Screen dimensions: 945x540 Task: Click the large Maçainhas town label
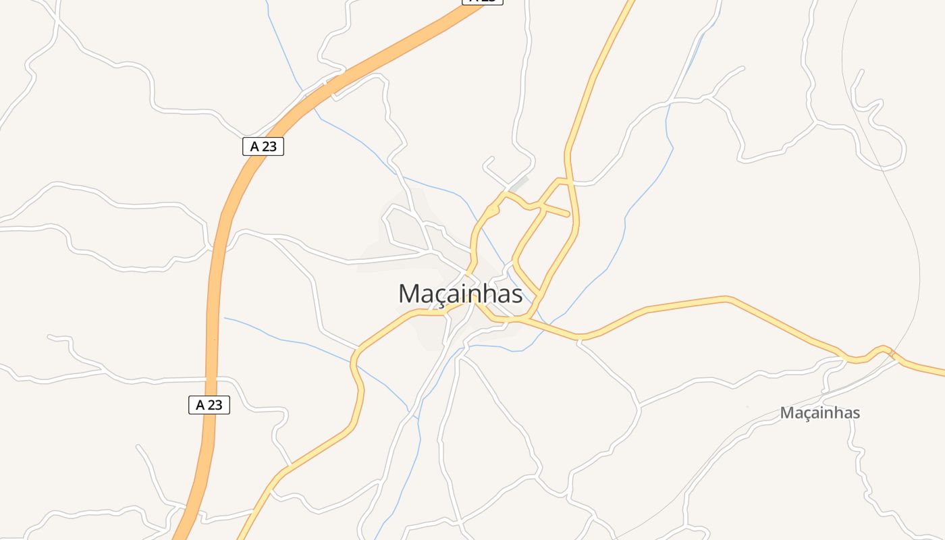coord(460,294)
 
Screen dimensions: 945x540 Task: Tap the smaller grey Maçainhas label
coord(819,412)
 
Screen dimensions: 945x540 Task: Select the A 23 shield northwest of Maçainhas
coord(263,146)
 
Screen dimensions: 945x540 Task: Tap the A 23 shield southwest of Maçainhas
coord(209,405)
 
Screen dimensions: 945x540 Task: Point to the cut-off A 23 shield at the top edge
coord(483,1)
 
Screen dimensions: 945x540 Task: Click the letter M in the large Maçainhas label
coord(410,294)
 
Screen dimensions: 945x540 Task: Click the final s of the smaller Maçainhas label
coord(855,413)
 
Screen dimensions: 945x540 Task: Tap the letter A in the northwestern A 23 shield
coord(254,146)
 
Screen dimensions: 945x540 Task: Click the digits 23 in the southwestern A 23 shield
coord(215,405)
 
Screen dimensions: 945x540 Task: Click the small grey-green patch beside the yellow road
coord(518,183)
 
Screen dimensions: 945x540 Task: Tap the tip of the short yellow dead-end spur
coord(568,215)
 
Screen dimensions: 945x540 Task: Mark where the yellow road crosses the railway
coord(892,353)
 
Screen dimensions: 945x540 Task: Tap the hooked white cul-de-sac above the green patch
coord(487,161)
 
